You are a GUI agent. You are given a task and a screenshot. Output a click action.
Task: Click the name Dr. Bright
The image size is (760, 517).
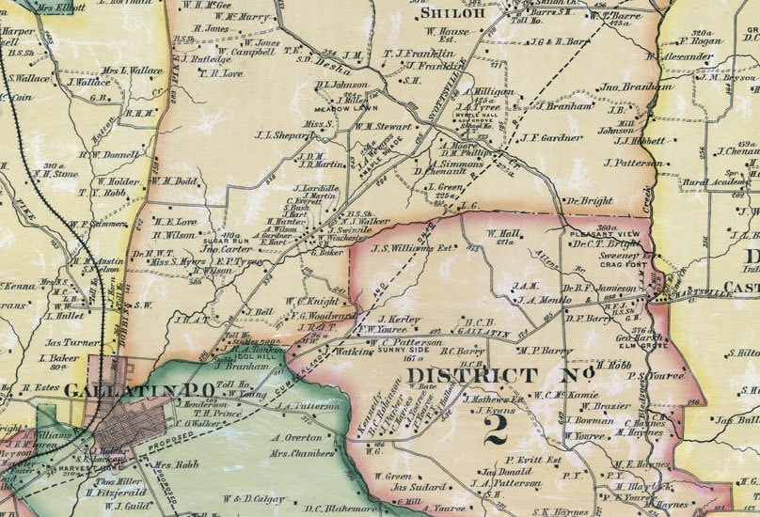(589, 200)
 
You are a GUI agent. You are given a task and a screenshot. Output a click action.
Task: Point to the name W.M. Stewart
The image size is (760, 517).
(384, 126)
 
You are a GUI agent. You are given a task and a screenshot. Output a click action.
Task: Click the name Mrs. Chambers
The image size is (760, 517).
(301, 453)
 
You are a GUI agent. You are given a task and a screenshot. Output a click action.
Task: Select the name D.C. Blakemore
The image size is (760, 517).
(332, 509)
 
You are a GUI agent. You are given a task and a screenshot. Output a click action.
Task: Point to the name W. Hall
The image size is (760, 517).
(503, 232)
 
